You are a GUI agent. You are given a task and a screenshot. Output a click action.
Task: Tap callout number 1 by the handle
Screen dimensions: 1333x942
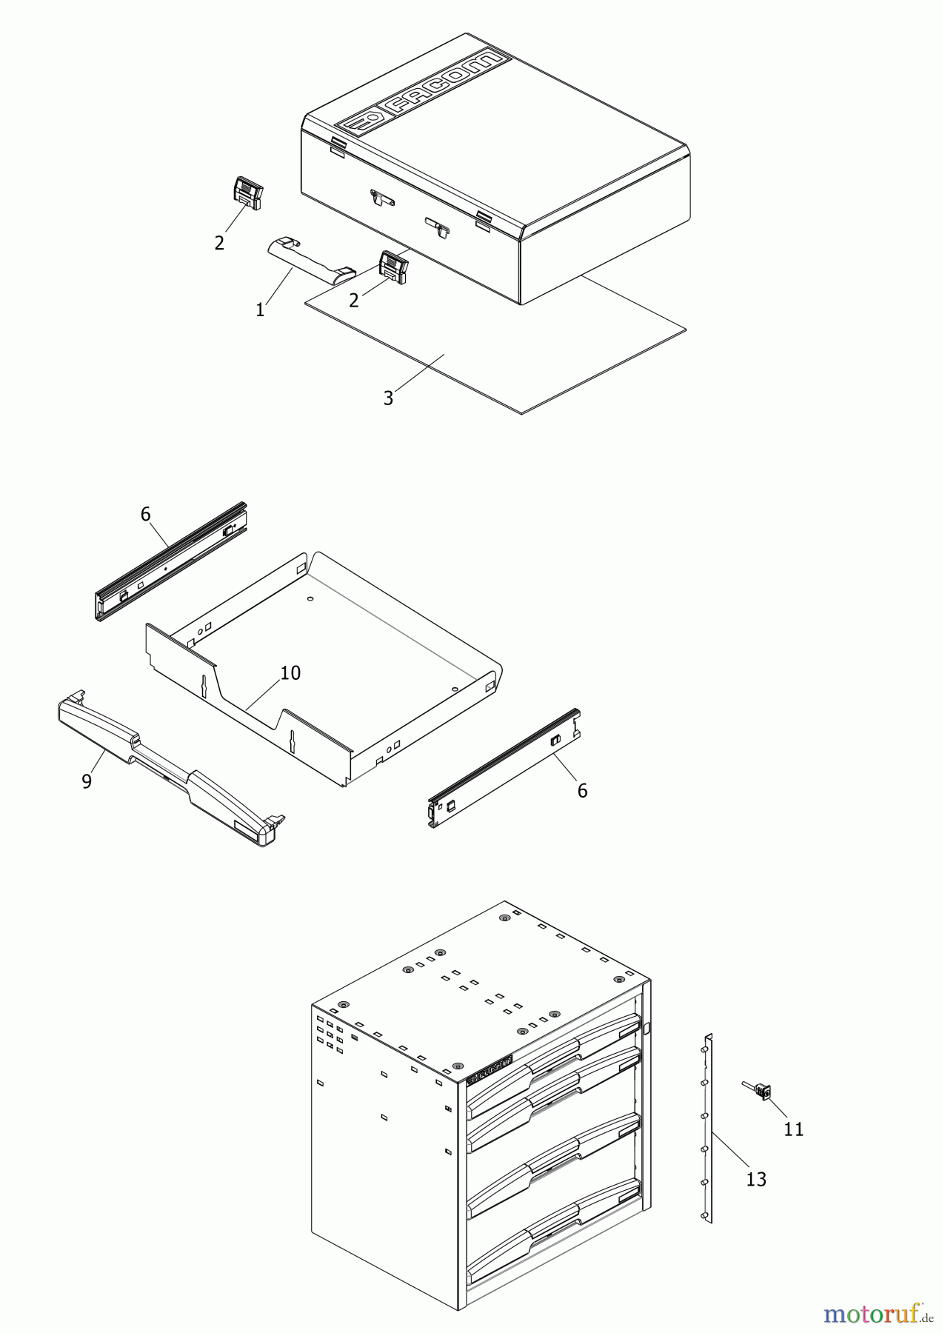point(260,310)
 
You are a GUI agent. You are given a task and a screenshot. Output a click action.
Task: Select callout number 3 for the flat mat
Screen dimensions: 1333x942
point(388,398)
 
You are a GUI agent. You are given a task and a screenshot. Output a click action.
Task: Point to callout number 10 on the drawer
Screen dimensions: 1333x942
point(290,672)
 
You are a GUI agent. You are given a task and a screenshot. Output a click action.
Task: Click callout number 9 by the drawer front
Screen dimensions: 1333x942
point(87,781)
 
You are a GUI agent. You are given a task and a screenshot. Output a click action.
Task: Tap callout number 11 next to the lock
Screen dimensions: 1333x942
point(793,1129)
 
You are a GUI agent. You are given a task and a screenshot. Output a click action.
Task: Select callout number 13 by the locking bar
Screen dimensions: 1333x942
point(755,1179)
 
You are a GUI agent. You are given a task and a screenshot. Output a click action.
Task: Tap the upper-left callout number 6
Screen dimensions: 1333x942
point(145,514)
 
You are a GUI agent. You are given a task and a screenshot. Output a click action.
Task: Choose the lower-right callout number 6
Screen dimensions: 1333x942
point(582,791)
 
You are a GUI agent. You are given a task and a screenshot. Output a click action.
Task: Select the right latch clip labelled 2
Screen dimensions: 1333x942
point(393,267)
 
